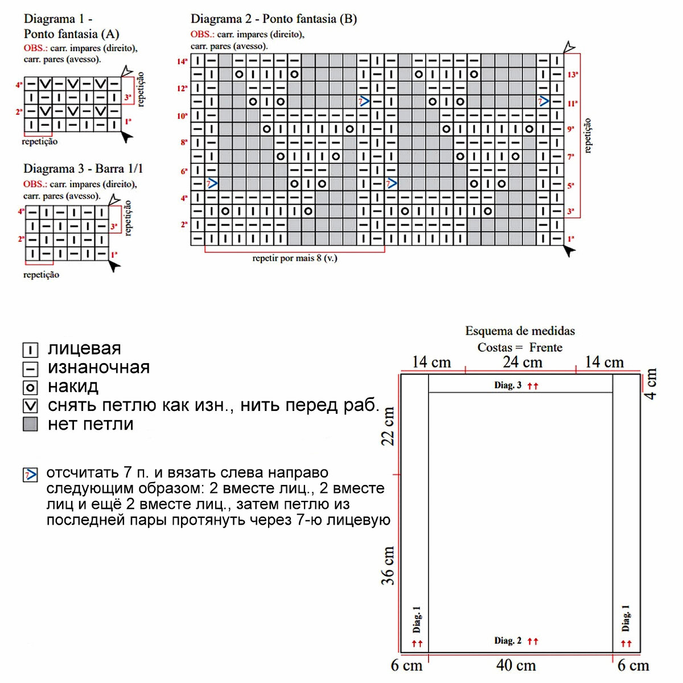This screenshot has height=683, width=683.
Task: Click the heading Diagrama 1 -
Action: point(58,19)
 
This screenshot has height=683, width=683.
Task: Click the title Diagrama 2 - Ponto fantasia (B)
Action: point(274,19)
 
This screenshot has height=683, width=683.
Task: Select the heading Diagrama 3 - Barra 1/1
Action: point(83,168)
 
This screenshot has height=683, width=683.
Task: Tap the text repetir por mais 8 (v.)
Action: point(294,258)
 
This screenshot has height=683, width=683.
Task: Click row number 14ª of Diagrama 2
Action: point(182,61)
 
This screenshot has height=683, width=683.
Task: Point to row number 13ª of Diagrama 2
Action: point(573,75)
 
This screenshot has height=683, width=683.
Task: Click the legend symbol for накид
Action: point(30,388)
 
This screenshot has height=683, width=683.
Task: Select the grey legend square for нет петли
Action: point(30,424)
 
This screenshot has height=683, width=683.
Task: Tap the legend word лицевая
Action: point(84,348)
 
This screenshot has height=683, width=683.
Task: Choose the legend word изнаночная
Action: point(98,368)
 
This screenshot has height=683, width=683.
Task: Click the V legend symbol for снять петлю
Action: point(30,406)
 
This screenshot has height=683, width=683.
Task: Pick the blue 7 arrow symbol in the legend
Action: point(30,474)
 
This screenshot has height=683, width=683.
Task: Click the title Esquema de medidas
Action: point(520,331)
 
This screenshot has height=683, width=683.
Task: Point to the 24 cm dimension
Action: point(522,362)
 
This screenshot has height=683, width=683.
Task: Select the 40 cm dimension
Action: point(516,665)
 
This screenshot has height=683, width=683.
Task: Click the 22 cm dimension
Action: point(388,426)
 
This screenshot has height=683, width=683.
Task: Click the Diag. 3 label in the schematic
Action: point(508,385)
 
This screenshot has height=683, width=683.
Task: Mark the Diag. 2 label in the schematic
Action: point(508,641)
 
